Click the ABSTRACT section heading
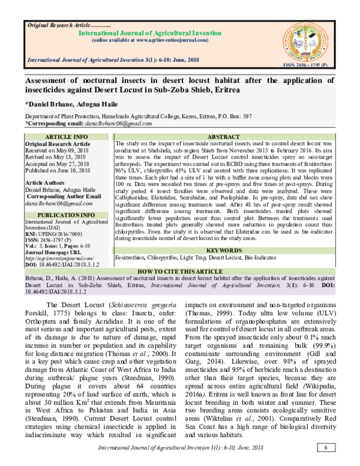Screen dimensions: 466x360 coord(223,137)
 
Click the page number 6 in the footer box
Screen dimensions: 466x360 coord(325,448)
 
